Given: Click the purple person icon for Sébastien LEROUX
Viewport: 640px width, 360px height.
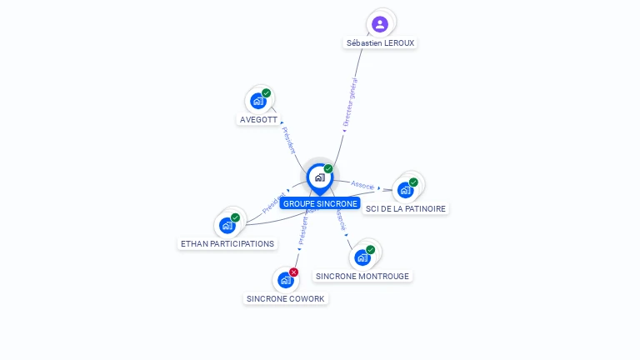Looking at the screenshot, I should [x=380, y=23].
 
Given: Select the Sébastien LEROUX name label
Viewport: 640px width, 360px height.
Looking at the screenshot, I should [x=380, y=42].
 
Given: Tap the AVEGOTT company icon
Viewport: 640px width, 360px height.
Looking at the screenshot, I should [x=258, y=101].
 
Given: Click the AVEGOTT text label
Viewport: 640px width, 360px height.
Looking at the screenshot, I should [x=258, y=119].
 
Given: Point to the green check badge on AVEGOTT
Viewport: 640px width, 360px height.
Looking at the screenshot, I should [x=267, y=93].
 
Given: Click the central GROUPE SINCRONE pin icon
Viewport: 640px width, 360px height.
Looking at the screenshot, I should [x=319, y=177].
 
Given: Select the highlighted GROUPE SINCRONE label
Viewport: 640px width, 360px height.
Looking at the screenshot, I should [x=320, y=203].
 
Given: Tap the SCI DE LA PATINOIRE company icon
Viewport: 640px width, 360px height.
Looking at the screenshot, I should [x=406, y=189].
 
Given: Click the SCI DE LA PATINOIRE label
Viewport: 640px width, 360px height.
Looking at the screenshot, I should [x=406, y=208].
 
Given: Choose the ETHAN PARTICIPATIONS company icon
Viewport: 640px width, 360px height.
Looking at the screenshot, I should [x=227, y=225].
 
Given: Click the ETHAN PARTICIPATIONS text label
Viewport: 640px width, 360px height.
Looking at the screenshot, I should [x=227, y=243].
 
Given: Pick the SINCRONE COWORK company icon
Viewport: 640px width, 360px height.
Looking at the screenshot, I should [x=286, y=280].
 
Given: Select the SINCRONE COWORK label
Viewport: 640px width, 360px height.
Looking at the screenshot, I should [x=286, y=298].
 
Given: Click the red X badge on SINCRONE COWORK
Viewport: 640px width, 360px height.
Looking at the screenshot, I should [x=294, y=272].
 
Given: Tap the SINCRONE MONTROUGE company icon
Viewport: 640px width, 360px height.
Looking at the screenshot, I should [x=362, y=257].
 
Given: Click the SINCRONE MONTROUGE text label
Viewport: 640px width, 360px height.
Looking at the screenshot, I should [x=362, y=276].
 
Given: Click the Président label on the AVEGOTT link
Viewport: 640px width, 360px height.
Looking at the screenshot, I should [x=288, y=141].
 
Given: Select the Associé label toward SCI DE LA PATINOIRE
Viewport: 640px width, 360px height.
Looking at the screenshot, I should [x=362, y=185].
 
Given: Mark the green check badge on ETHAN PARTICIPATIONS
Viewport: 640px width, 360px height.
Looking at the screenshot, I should [x=236, y=217].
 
